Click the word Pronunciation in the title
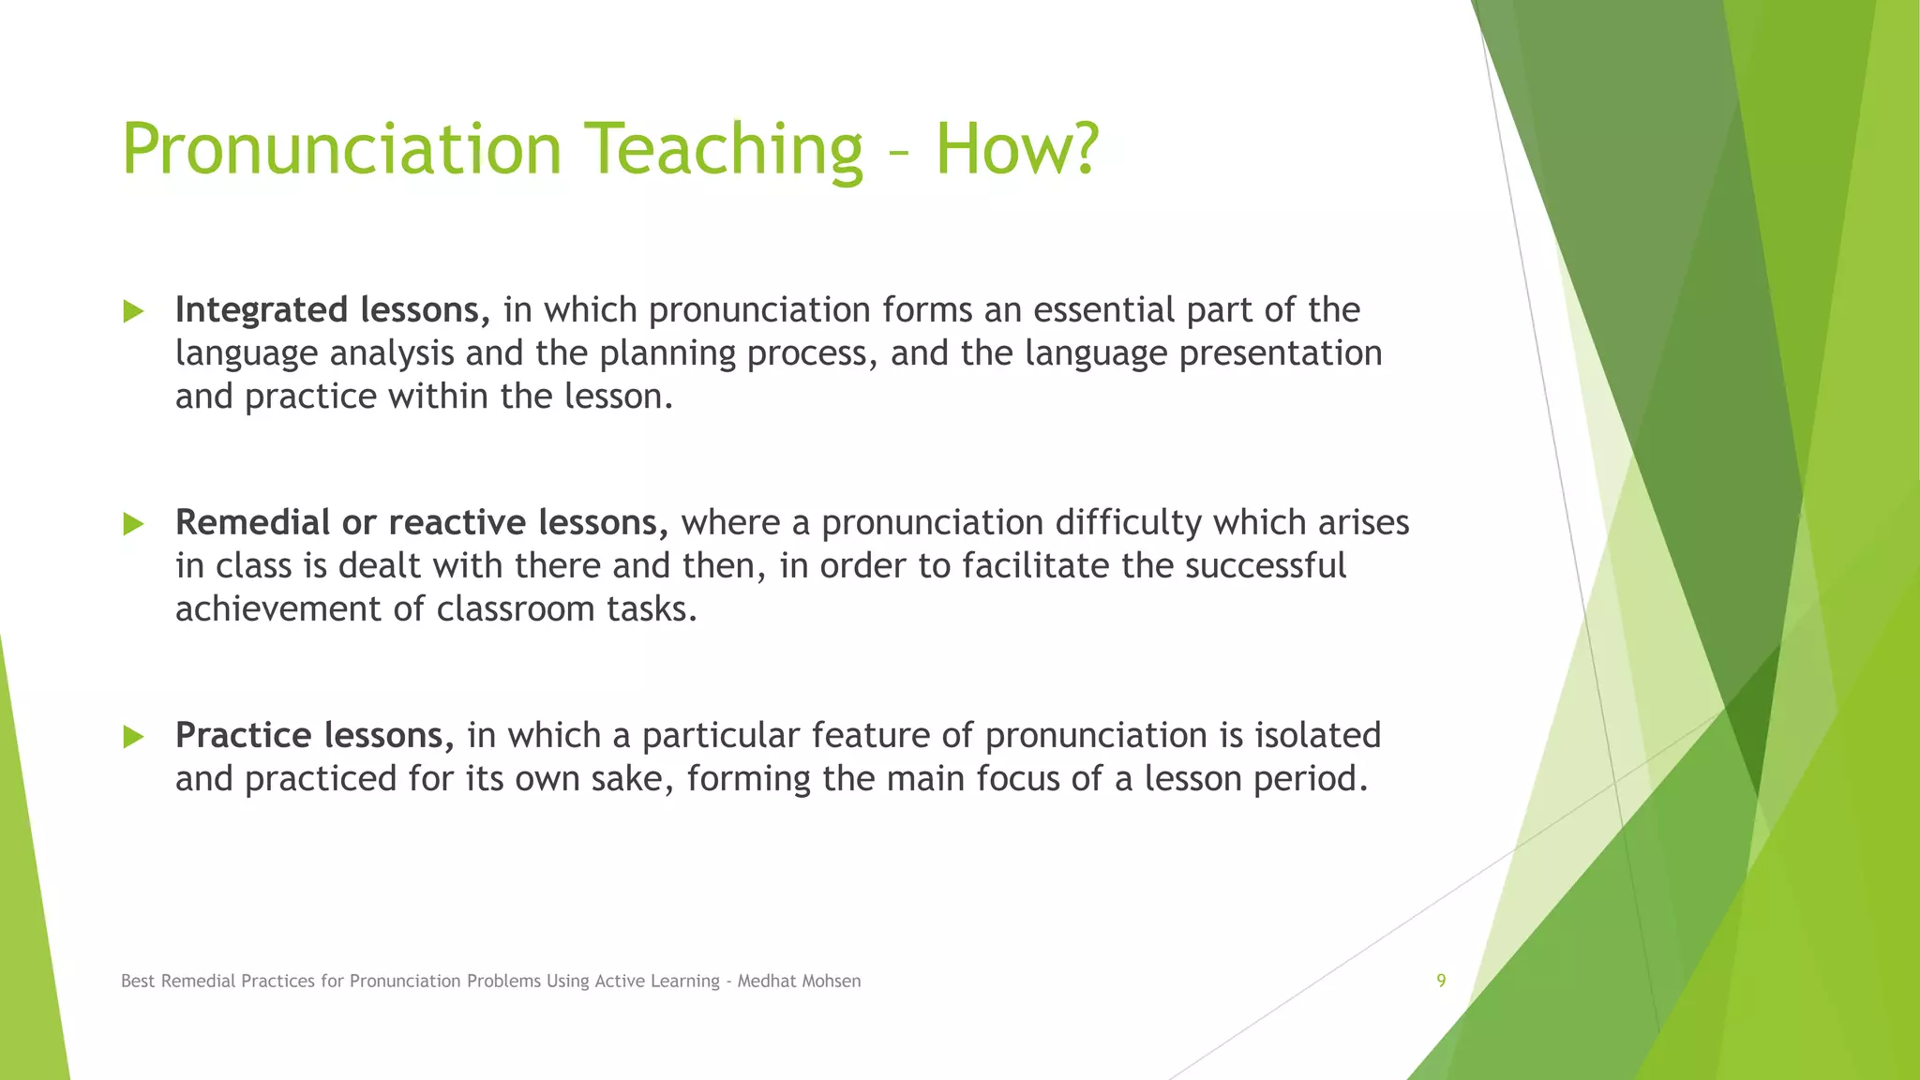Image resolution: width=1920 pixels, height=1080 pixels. [x=341, y=150]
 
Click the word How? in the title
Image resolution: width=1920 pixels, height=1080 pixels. [x=1016, y=150]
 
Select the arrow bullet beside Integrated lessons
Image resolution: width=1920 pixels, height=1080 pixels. [x=133, y=311]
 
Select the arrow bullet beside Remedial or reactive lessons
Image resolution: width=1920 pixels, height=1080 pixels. [x=133, y=524]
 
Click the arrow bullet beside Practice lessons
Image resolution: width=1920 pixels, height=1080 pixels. [x=133, y=737]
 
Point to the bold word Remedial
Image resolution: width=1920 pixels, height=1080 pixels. [x=252, y=522]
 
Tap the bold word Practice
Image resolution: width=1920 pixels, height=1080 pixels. [x=243, y=735]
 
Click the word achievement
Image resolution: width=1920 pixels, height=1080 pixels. [x=278, y=609]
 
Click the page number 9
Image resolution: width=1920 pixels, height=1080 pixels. [x=1441, y=981]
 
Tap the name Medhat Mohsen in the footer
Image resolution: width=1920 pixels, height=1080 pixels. [x=799, y=981]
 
